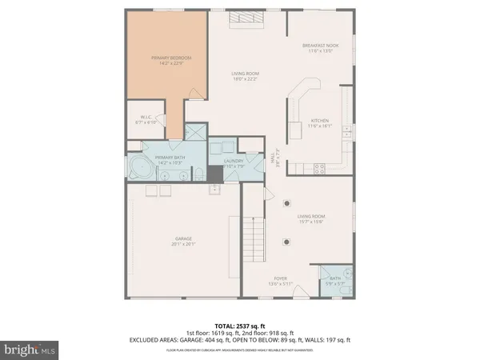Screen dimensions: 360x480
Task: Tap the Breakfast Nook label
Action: point(320,48)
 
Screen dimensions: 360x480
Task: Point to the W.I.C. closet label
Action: point(147,120)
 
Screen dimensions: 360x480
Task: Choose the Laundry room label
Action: point(234,163)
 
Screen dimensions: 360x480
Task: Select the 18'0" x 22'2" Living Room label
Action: point(246,77)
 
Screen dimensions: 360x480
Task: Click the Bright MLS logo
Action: point(30,349)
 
